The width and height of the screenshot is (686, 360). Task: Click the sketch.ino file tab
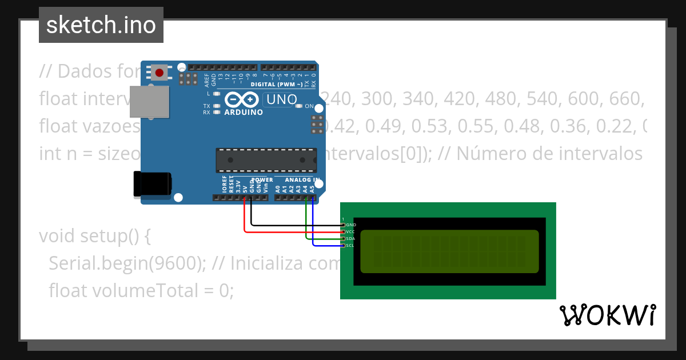tap(101, 25)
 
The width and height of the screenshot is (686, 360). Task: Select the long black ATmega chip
tap(266, 160)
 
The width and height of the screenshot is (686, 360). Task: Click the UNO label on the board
tap(282, 99)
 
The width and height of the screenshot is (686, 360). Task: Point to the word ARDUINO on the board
tap(244, 112)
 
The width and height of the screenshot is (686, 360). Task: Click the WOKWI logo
tap(608, 315)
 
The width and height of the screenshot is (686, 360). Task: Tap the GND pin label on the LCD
tap(351, 225)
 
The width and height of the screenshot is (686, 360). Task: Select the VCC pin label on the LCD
tap(351, 232)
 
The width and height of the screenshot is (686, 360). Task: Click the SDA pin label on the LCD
tap(351, 239)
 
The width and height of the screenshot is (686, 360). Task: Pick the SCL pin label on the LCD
tap(351, 246)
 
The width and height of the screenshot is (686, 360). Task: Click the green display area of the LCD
tap(449, 251)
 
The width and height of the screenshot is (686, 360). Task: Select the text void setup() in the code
tap(95, 235)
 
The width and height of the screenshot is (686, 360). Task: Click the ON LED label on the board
tap(309, 106)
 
